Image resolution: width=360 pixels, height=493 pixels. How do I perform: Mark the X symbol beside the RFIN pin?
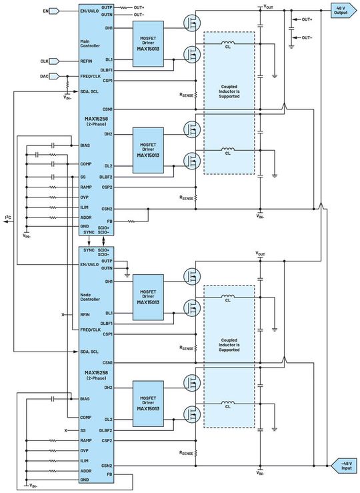[63, 314]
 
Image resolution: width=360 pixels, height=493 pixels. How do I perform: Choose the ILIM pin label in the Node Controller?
[85, 460]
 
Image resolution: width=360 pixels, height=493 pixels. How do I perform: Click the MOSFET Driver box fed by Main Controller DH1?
[146, 43]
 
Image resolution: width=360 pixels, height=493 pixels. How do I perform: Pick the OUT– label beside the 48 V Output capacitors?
[307, 37]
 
